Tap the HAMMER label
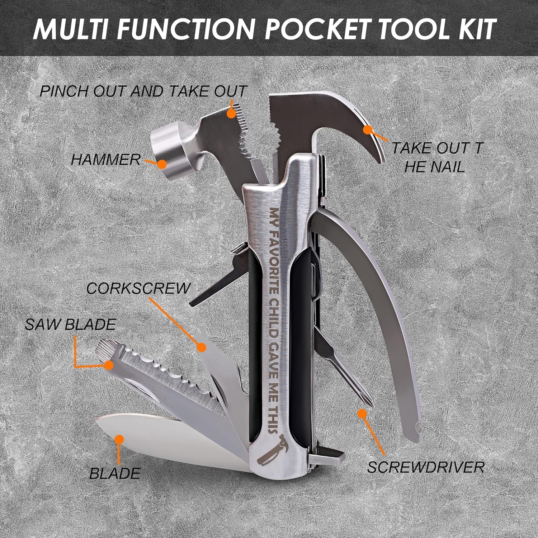tap(105, 160)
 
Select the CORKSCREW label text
tap(138, 288)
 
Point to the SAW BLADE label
tap(71, 325)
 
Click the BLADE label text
tap(115, 473)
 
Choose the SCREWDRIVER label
tap(426, 467)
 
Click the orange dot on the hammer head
tap(162, 164)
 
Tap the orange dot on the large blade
tap(119, 439)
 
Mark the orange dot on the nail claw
tap(367, 129)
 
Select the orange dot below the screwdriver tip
tap(361, 413)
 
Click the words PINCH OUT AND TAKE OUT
tap(143, 91)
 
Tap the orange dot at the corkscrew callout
tap(202, 347)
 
